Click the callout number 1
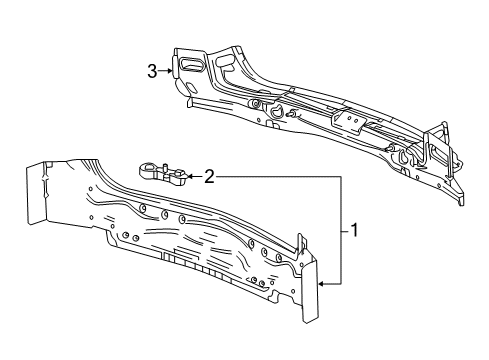353,232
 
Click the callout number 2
209,177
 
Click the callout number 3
152,70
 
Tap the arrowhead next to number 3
170,70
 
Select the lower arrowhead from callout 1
322,285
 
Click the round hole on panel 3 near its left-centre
256,104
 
